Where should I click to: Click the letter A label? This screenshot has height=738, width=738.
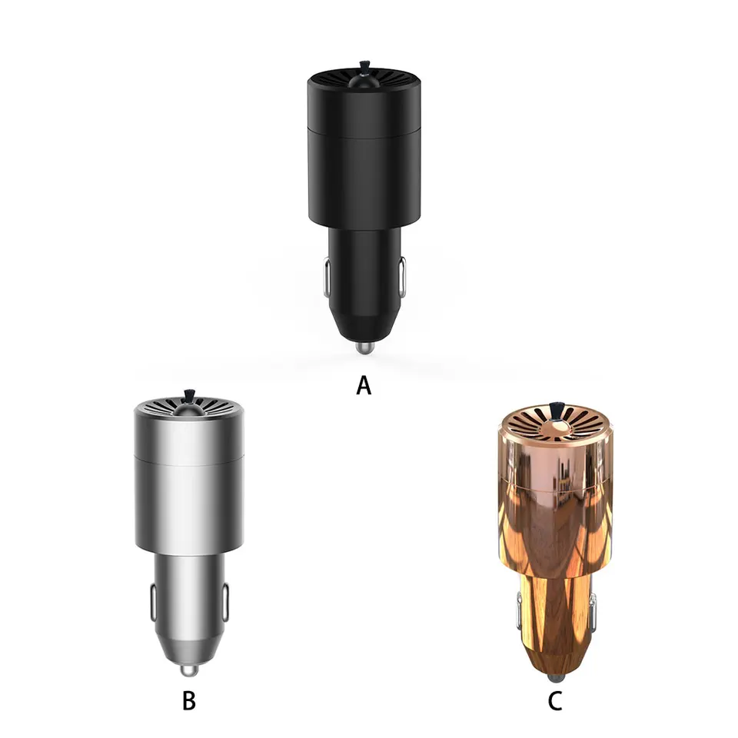click(x=364, y=385)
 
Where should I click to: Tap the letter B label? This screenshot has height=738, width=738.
click(x=189, y=700)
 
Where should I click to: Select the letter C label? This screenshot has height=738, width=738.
click(x=555, y=701)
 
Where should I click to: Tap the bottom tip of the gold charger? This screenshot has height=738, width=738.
click(x=554, y=678)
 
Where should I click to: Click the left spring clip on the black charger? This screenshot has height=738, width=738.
click(x=327, y=278)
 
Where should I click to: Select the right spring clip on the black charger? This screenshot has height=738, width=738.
click(x=401, y=278)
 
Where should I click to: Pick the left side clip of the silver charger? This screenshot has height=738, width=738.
click(x=153, y=603)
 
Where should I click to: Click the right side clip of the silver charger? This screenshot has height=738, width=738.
click(x=225, y=603)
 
